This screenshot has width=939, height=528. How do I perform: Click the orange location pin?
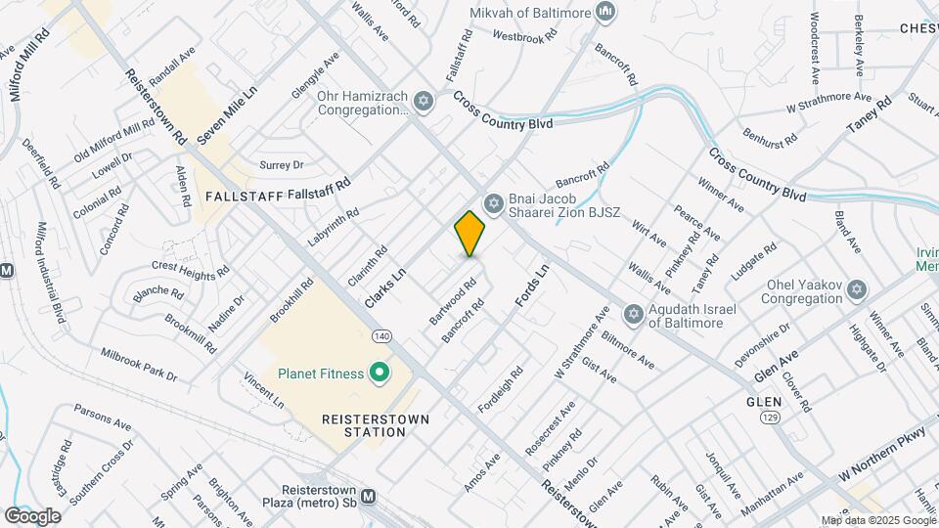(469, 233)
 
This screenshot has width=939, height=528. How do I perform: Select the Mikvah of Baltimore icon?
(606, 12)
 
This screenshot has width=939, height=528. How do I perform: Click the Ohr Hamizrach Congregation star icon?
(423, 101)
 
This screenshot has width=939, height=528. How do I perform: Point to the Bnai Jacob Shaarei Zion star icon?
(494, 203)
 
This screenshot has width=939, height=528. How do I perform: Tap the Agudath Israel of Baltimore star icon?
(633, 313)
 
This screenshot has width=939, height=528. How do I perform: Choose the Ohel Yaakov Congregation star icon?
(857, 290)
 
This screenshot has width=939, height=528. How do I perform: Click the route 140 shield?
(380, 336)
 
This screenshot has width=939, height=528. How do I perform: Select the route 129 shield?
(771, 418)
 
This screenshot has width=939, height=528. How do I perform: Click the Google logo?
(31, 515)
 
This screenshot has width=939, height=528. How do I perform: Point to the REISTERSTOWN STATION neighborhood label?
(364, 425)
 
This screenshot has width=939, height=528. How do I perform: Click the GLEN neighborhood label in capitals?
(764, 402)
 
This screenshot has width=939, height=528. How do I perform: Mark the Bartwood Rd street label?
(452, 303)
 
